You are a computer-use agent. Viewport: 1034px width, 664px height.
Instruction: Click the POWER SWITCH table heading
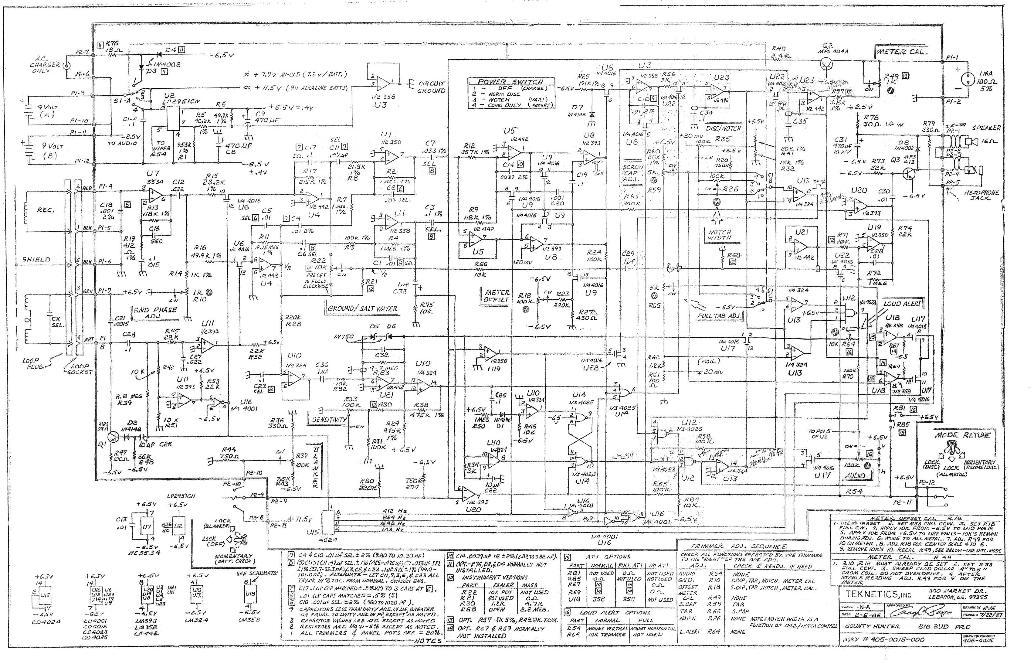(x=510, y=81)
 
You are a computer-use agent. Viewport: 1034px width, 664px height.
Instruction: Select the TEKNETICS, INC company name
(x=872, y=594)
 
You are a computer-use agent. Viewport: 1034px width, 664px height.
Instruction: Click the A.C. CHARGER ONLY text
(x=45, y=65)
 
